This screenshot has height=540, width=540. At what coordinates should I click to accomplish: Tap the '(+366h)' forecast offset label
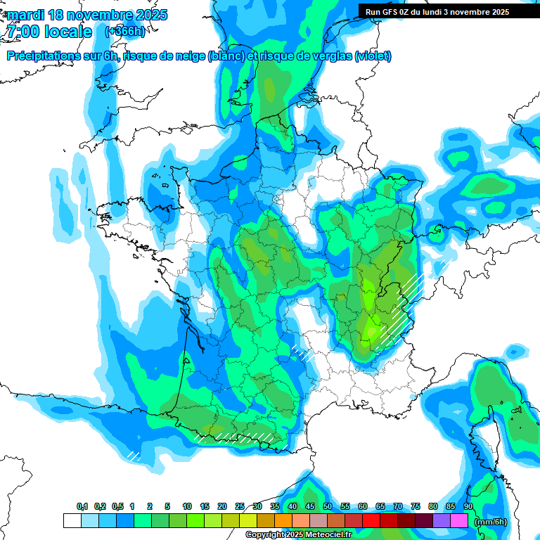(x=124, y=31)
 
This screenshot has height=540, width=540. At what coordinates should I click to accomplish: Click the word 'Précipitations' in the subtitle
(x=44, y=56)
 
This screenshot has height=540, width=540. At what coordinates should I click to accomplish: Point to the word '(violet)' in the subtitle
(x=373, y=56)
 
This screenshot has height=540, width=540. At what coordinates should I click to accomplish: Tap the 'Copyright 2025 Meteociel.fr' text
(x=299, y=535)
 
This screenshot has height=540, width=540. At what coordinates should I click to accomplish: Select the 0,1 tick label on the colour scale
(x=82, y=507)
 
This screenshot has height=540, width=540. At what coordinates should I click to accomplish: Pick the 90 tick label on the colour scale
(x=468, y=507)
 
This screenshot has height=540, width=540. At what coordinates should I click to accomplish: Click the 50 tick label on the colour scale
(x=328, y=507)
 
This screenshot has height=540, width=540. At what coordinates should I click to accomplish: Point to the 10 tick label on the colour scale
(x=187, y=507)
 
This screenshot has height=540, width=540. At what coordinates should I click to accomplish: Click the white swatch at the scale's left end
(x=72, y=521)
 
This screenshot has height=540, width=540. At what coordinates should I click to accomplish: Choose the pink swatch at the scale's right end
(x=459, y=521)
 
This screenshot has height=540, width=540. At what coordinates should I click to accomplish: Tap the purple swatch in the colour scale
(x=442, y=521)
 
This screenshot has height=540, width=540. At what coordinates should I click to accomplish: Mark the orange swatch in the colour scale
(x=283, y=521)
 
